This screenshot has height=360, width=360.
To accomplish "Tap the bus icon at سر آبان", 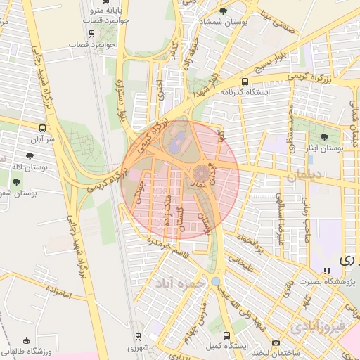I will point(44,128).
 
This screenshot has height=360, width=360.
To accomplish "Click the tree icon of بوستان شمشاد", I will point(224,11).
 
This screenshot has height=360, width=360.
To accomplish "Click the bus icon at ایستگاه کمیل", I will point(226,335).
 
